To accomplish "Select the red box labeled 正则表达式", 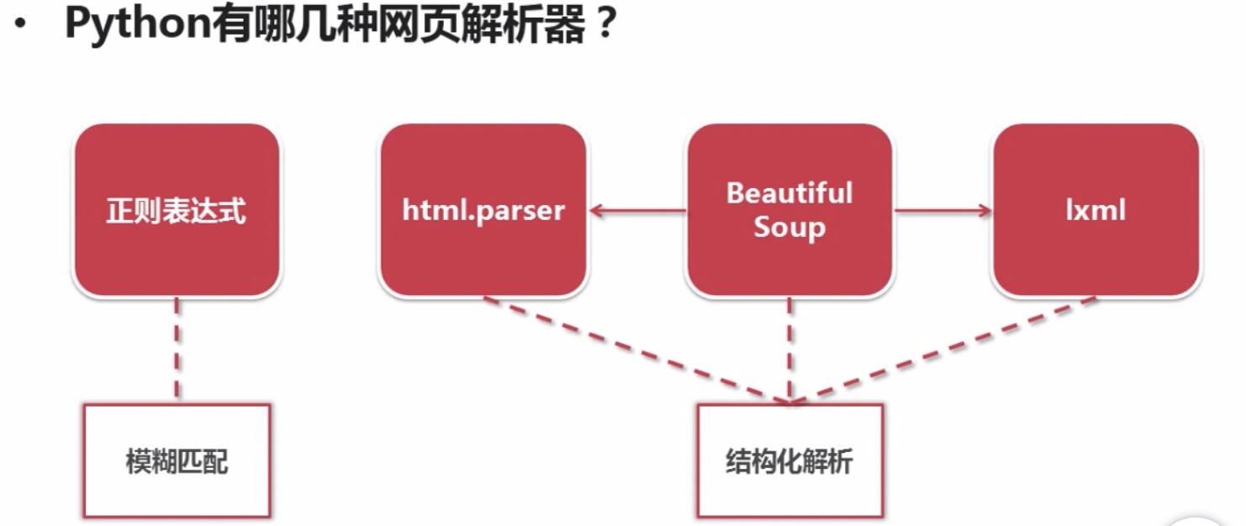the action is pyautogui.click(x=177, y=210).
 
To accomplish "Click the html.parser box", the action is pyautogui.click(x=483, y=210).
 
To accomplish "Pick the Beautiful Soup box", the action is pyautogui.click(x=789, y=210).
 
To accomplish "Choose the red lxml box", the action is pyautogui.click(x=1096, y=210).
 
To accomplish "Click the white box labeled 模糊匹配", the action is pyautogui.click(x=177, y=461).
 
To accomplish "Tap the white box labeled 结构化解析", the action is pyautogui.click(x=789, y=461).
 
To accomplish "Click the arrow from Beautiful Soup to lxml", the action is pyautogui.click(x=942, y=211).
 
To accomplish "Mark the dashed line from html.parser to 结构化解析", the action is pyautogui.click(x=637, y=350).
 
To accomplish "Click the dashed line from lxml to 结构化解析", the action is pyautogui.click(x=942, y=350).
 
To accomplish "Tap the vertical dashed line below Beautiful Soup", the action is pyautogui.click(x=789, y=350).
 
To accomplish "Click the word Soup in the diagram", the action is pyautogui.click(x=789, y=228).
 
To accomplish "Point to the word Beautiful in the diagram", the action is pyautogui.click(x=789, y=193).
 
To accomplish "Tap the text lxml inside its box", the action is pyautogui.click(x=1096, y=210).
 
